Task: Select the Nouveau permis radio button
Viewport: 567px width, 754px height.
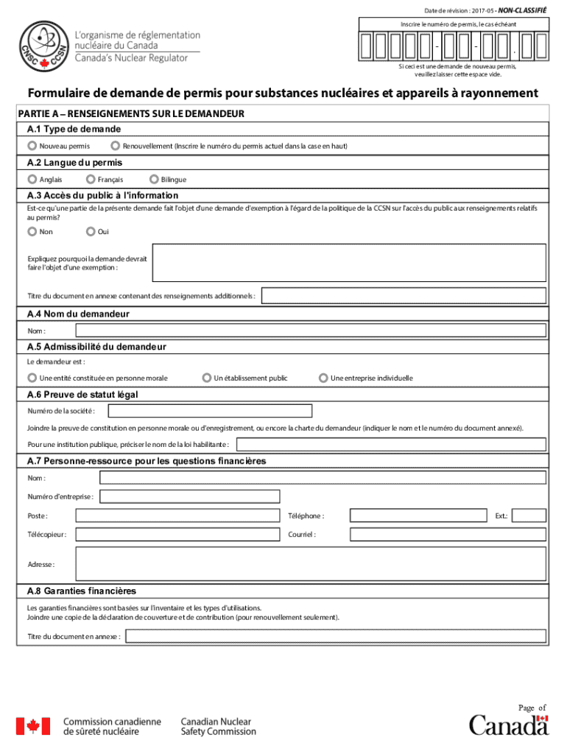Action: [x=32, y=146]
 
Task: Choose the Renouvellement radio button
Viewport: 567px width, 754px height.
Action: [x=115, y=146]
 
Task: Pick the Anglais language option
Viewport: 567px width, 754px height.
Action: [x=32, y=179]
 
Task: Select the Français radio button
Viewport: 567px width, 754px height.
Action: [x=91, y=179]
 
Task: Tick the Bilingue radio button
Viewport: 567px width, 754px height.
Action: [x=154, y=179]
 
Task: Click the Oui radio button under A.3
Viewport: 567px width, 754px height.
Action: [x=91, y=231]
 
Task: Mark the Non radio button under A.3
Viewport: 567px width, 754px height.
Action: [x=32, y=231]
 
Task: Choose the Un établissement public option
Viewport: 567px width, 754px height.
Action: [x=207, y=378]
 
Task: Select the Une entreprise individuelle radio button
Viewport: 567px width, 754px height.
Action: [x=323, y=378]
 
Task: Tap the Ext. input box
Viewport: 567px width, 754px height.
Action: [x=529, y=515]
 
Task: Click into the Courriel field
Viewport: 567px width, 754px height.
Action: [x=448, y=534]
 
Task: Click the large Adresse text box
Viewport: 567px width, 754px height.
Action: [x=310, y=564]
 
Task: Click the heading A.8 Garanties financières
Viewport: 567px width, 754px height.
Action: [x=81, y=591]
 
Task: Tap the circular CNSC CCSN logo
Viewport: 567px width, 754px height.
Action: [x=44, y=45]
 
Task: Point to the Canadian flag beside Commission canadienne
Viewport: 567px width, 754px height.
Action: [x=33, y=727]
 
